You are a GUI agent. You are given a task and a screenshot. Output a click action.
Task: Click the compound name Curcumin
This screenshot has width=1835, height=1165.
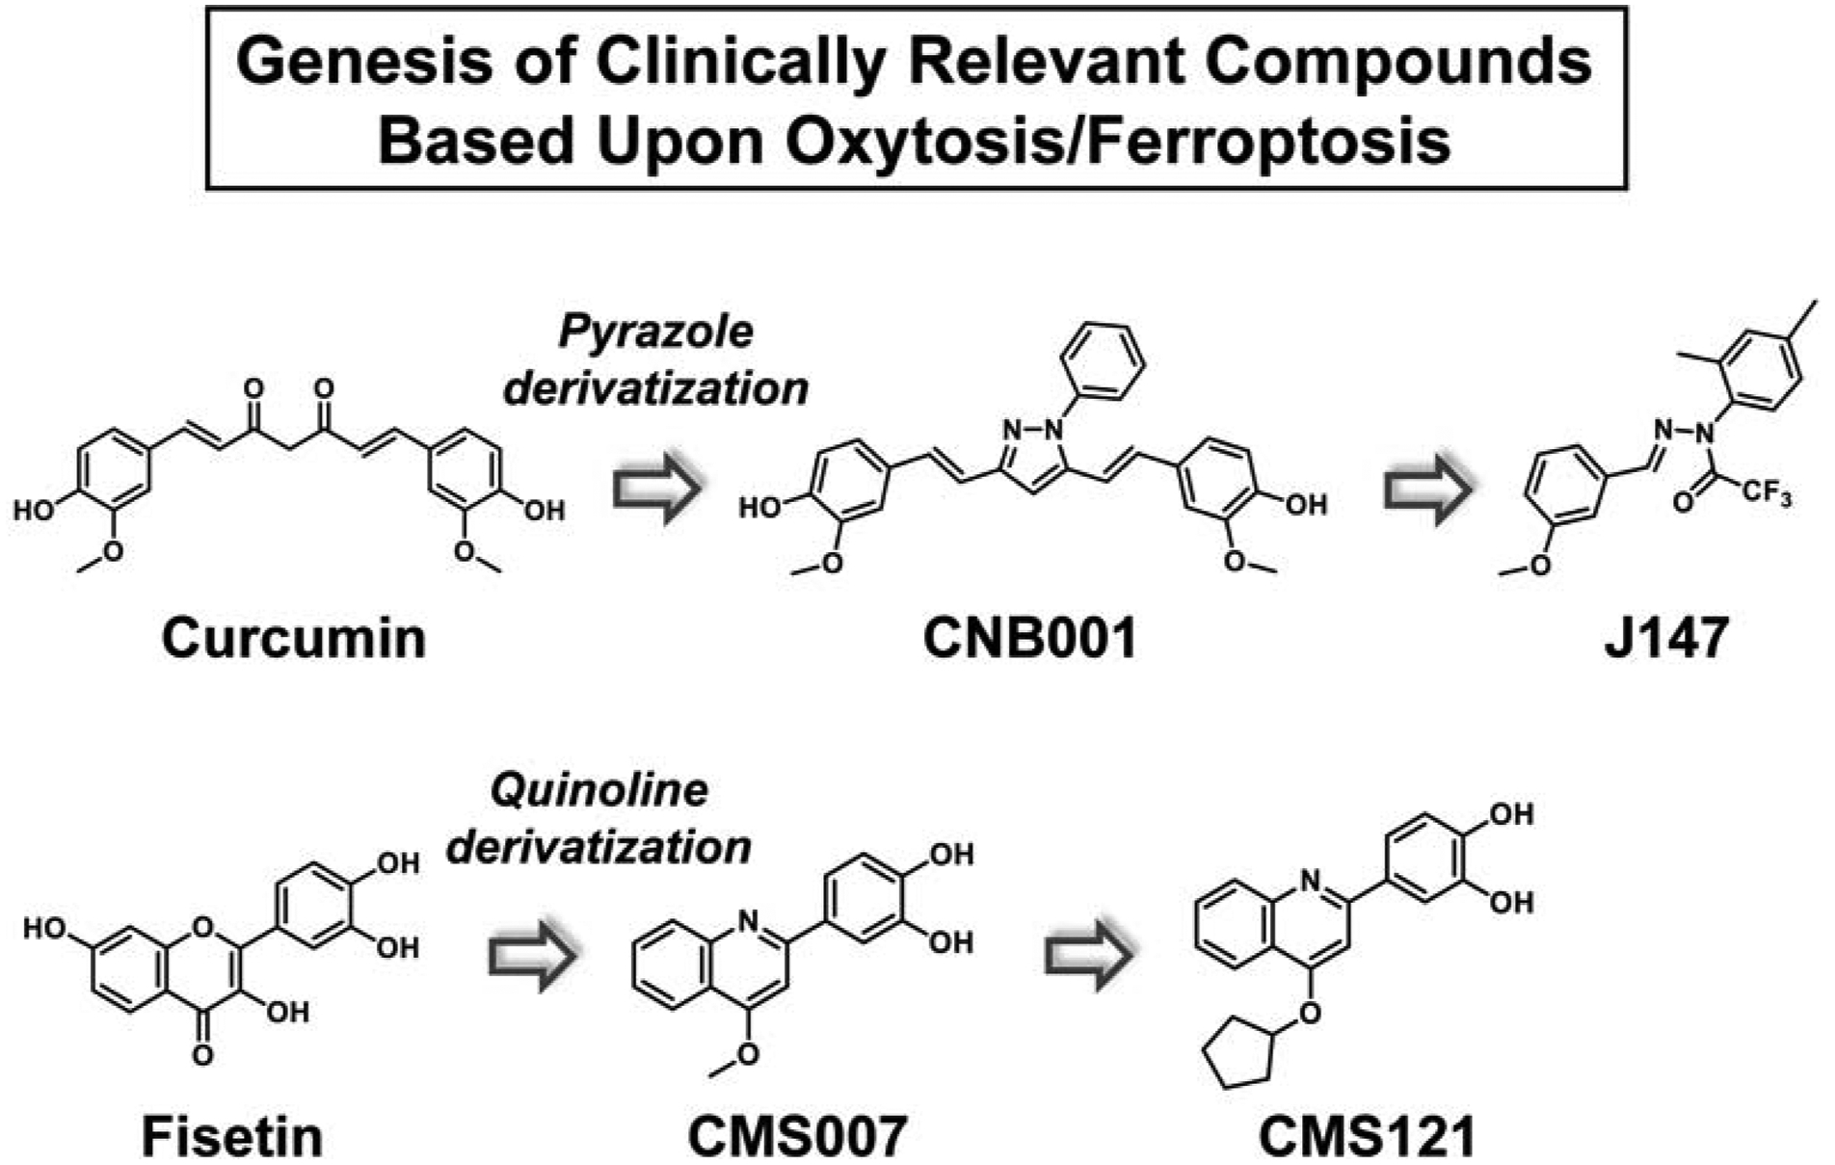tap(293, 639)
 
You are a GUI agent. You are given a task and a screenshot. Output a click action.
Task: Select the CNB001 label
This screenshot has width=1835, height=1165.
tap(1030, 639)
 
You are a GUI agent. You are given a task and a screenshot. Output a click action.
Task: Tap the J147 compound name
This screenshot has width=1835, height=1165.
tap(1666, 639)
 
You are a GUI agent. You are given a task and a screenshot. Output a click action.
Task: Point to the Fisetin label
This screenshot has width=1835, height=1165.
tap(232, 1137)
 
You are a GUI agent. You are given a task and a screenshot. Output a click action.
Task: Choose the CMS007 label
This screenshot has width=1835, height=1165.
tap(797, 1137)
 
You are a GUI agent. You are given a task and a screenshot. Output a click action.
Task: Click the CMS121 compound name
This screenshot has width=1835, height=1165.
tap(1368, 1137)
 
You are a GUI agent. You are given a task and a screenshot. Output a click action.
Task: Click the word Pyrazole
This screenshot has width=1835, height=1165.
tap(656, 332)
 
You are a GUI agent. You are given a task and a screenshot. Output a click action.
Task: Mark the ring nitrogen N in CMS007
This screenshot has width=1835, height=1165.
tap(750, 922)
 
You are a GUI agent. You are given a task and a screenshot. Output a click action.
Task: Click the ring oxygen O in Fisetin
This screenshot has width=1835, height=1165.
tap(202, 927)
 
